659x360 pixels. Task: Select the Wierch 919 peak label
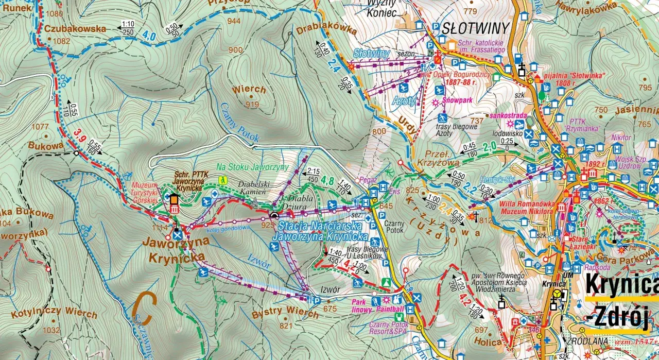coord(249,90)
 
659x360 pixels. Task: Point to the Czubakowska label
coord(75,29)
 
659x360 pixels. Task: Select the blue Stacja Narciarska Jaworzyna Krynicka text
coord(323,231)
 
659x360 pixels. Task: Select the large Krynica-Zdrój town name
coord(622,301)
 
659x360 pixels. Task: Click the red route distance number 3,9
coord(79,135)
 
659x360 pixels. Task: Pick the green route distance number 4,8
coord(327,181)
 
